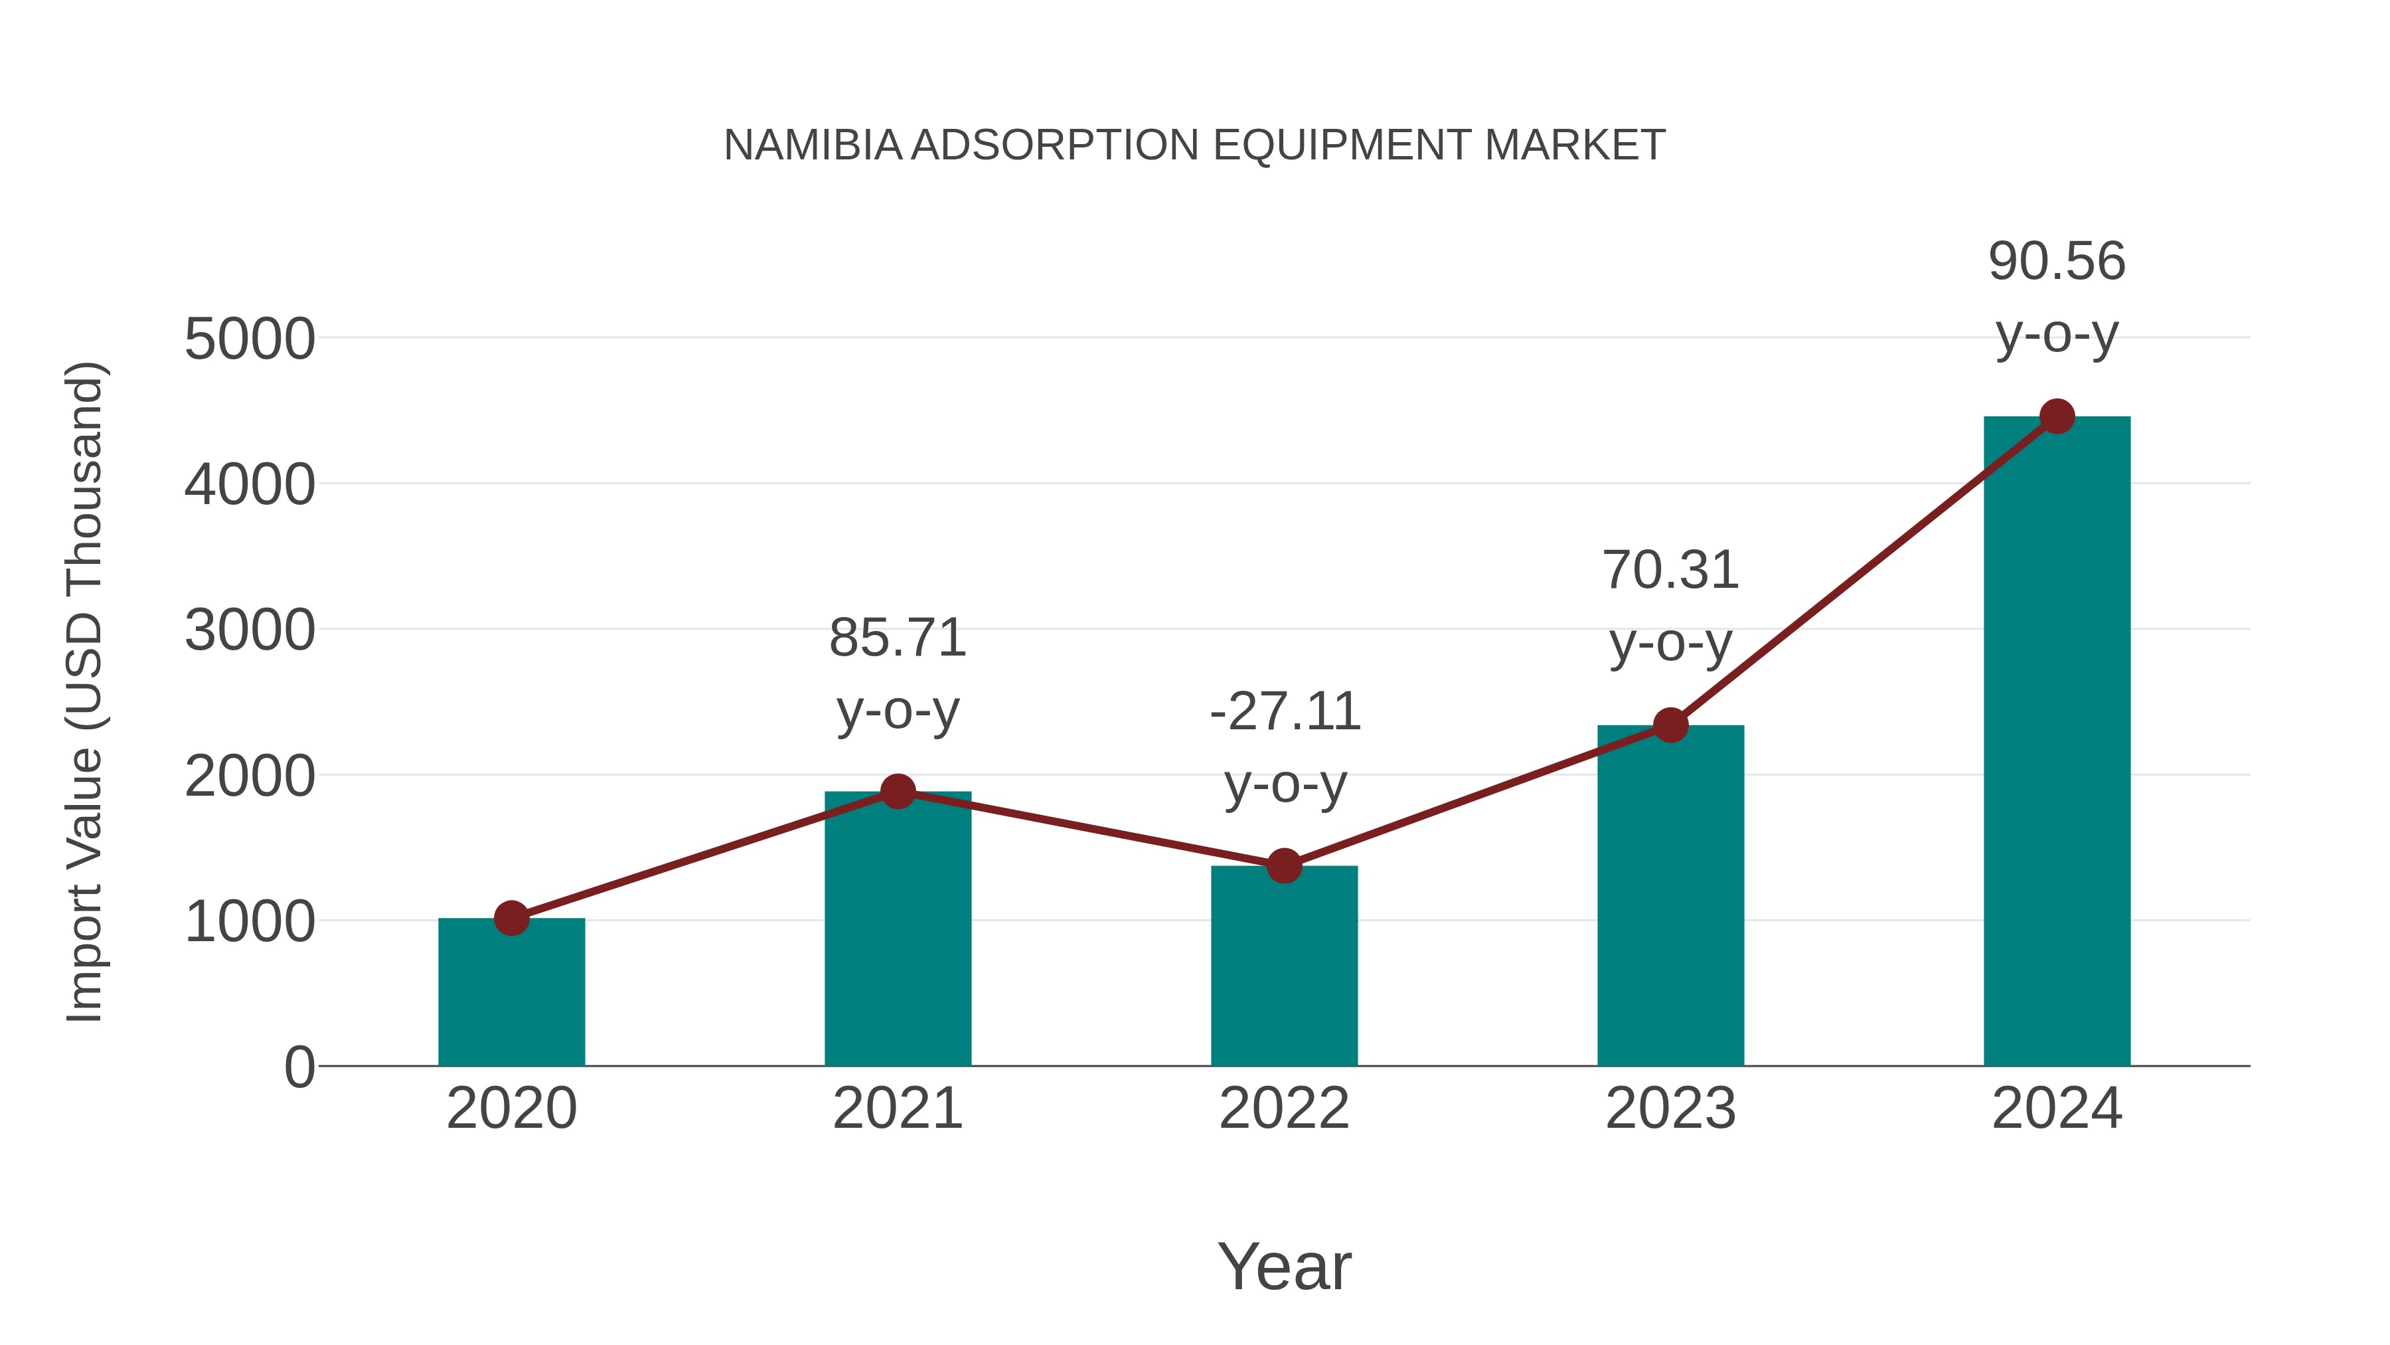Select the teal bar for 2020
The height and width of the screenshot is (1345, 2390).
coord(511,993)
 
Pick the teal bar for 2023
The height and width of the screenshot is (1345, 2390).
coord(1670,896)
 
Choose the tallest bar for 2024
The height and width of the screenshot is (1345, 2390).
coord(2057,743)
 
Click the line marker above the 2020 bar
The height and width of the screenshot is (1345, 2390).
coord(511,919)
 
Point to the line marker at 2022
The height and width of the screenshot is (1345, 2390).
coord(1284,866)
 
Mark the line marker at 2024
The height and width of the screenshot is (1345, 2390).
coord(2057,416)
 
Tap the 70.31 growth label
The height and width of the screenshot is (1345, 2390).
coord(1670,570)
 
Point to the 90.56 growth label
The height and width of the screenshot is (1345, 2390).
coord(2057,262)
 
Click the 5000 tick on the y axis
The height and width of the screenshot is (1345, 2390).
coord(250,339)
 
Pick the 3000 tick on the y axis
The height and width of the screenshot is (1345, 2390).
coord(250,631)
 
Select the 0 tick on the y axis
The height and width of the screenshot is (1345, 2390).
coord(299,1067)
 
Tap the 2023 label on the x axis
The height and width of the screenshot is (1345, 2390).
coord(1670,1109)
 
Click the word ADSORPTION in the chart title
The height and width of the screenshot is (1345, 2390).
coord(1056,145)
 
